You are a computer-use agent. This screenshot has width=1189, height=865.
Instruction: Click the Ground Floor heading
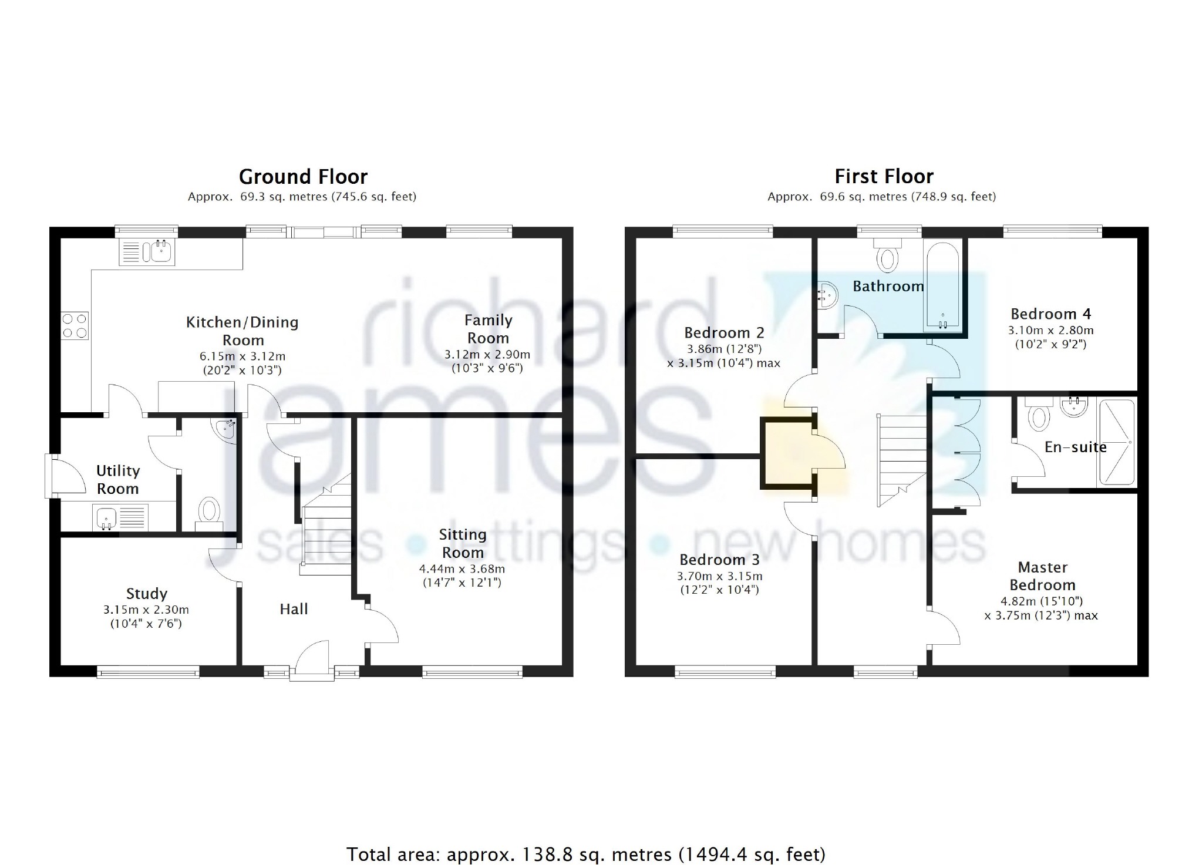coord(303,176)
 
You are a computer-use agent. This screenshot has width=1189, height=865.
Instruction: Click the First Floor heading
coord(884,176)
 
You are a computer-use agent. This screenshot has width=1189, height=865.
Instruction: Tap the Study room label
coord(147,594)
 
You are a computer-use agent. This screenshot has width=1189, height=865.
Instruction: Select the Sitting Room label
coord(463,543)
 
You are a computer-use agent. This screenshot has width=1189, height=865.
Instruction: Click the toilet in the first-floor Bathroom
coord(887,254)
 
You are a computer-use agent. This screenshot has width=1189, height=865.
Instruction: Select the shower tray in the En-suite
coord(1116,443)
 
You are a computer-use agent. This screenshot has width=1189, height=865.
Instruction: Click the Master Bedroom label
coord(1042,576)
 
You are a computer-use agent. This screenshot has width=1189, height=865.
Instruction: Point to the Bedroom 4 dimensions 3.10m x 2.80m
coord(1050,331)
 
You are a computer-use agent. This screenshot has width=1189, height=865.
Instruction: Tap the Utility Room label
coord(118,479)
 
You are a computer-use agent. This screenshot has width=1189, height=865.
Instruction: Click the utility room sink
coord(120,518)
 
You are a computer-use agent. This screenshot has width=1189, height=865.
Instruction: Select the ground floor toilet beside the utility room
coord(208,513)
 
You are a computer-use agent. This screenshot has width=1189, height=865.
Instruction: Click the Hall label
coord(294,609)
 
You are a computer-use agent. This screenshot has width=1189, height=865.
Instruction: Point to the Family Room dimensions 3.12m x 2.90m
coord(487,355)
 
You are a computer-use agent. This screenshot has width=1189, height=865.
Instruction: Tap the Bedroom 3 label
coord(719,560)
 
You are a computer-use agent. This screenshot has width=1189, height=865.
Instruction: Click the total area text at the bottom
coord(586,854)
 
